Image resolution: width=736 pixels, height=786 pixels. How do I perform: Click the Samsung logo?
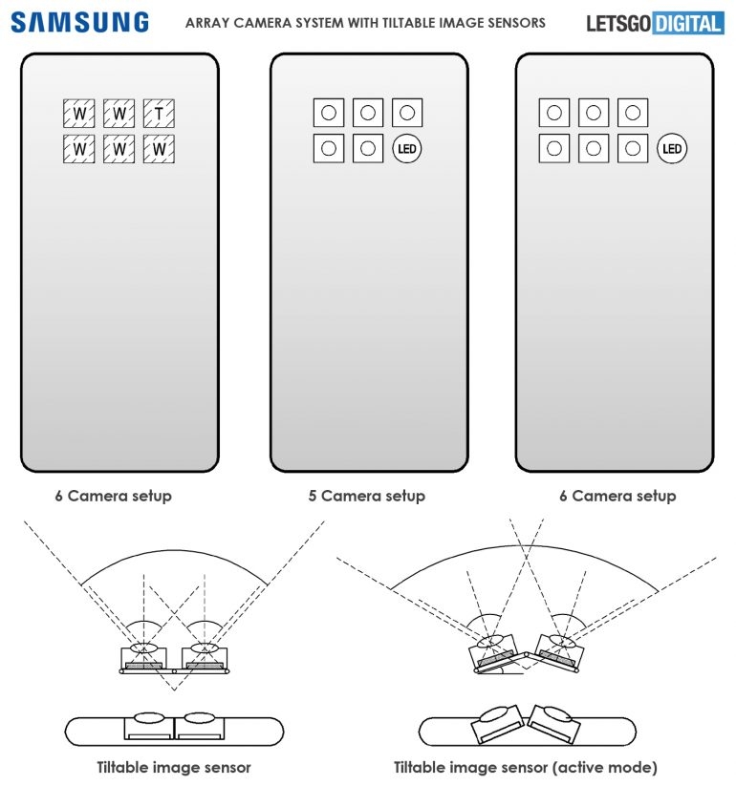pos(80,22)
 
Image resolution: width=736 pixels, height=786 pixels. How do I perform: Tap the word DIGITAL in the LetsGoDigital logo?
pos(688,22)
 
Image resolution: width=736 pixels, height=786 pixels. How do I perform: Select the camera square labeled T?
pos(158,116)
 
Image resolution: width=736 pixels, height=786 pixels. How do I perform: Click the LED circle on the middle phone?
pos(407,149)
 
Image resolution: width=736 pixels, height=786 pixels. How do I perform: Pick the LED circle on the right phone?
pos(672,149)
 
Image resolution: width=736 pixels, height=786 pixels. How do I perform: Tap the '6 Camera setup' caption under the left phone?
pos(113,496)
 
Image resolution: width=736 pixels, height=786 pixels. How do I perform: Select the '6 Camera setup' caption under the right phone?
pos(617,496)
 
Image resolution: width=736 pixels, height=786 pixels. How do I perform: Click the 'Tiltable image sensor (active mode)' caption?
pos(526,767)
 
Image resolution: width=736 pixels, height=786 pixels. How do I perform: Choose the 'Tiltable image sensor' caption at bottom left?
pos(174,767)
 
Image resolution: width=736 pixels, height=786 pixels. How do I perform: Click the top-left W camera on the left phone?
pos(79,116)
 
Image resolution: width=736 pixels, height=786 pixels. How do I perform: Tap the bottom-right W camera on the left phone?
pos(158,149)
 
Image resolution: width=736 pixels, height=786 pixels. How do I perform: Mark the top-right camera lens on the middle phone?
pos(407,114)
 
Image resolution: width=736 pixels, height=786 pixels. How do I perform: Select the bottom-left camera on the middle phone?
pos(329,149)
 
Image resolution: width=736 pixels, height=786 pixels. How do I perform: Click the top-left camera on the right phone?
pos(553,114)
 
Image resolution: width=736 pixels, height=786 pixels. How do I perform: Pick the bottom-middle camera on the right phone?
pos(593,149)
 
